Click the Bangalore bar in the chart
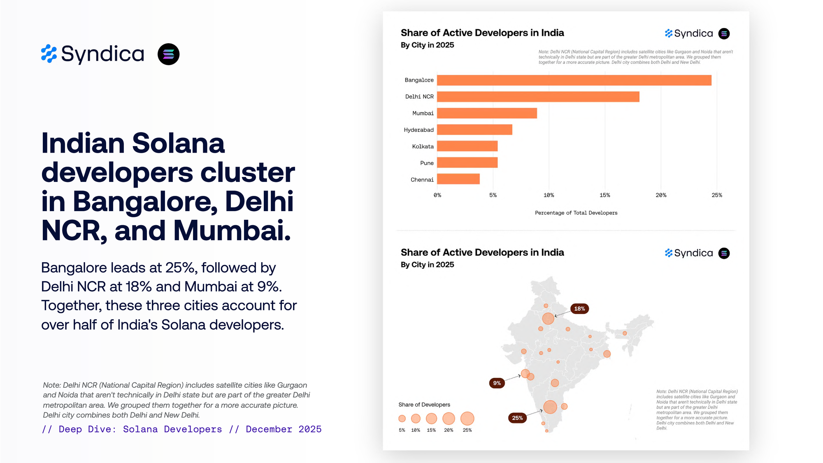(x=574, y=80)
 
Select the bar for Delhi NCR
(x=538, y=97)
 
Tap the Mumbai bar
(x=487, y=113)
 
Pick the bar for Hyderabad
(x=474, y=130)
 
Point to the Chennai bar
(x=458, y=179)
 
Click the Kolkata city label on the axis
(x=423, y=147)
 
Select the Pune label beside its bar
(x=427, y=163)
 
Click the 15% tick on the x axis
(x=604, y=195)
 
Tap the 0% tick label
(x=437, y=195)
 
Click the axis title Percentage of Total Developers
(x=576, y=213)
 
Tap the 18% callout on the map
(x=579, y=309)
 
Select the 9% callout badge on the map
(x=497, y=383)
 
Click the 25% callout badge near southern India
(x=517, y=418)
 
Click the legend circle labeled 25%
(x=467, y=419)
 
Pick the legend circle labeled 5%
(x=402, y=419)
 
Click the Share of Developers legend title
(x=424, y=405)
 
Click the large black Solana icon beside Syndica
(x=168, y=54)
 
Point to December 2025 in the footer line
(x=284, y=429)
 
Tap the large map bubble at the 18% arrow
(x=548, y=318)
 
